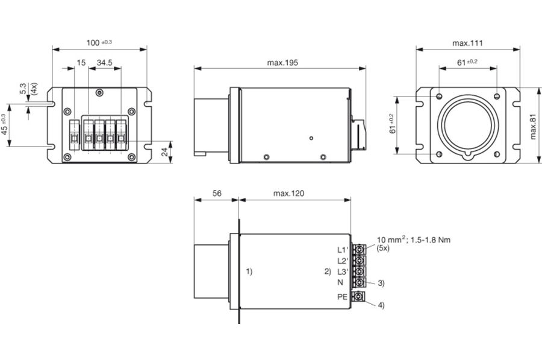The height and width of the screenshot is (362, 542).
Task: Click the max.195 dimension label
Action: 282,63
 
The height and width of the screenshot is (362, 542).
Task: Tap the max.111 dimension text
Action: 467,43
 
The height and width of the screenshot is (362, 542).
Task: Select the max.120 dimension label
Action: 288,193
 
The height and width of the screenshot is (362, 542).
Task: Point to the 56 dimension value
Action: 217,193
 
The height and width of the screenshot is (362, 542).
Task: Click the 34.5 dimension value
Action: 104,63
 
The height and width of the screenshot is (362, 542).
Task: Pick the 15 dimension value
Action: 81,63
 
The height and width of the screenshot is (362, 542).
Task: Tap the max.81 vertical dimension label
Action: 533,127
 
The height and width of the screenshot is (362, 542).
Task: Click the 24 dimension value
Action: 164,151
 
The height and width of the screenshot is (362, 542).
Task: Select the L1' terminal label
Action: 343,250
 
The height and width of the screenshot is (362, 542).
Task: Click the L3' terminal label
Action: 343,271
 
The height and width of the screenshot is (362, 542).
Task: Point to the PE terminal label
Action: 342,297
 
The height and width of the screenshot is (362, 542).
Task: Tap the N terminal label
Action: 340,282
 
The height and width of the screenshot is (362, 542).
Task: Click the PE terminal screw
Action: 359,296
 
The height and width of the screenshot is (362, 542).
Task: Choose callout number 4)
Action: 381,305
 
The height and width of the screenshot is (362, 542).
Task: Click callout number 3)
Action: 381,283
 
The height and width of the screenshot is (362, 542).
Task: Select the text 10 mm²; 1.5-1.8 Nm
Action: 413,240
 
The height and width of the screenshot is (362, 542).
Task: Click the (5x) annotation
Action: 382,249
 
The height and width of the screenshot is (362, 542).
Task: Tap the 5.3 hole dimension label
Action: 23,89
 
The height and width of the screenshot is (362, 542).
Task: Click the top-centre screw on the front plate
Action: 99,92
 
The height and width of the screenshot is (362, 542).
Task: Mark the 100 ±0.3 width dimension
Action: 99,43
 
